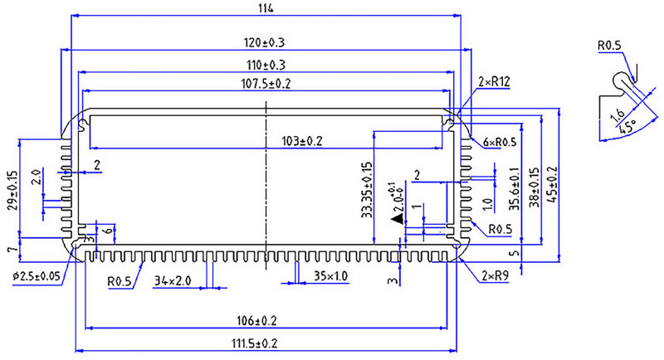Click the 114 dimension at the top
(x=266, y=7)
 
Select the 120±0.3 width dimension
(x=266, y=41)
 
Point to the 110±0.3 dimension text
(x=266, y=65)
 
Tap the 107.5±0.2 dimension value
(x=266, y=84)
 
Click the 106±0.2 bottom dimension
(x=266, y=320)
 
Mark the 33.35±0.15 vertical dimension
(x=366, y=191)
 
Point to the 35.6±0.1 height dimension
(x=513, y=192)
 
